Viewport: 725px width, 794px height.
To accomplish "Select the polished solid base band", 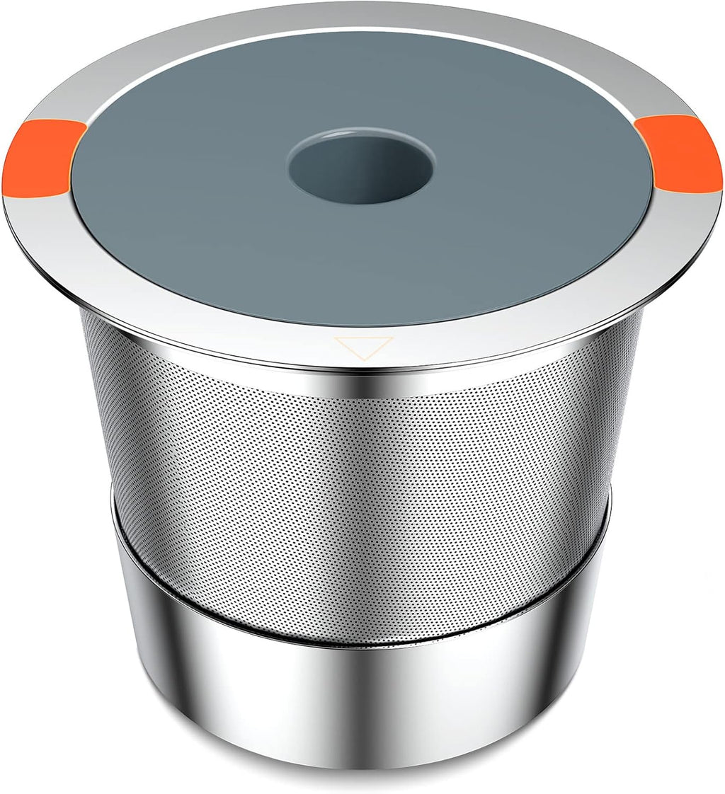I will point(354,701).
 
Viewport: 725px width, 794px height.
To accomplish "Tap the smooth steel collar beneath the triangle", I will point(363,379).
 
